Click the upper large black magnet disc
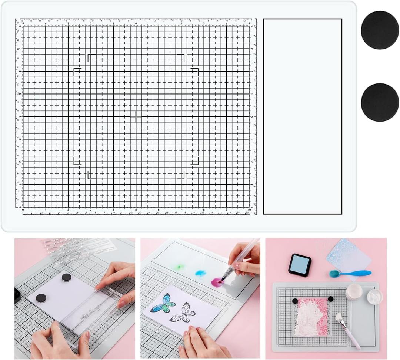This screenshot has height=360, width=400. (x=380, y=30)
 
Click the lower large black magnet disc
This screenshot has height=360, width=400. (x=380, y=102)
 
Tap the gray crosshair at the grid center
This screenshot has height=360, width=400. (x=136, y=116)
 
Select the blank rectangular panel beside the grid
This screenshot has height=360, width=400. (x=302, y=116)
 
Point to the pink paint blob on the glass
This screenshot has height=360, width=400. (x=216, y=283)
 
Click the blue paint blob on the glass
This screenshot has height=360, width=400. (x=200, y=274)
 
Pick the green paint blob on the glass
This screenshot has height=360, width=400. (x=180, y=267)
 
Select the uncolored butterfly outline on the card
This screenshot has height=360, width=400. (x=183, y=313)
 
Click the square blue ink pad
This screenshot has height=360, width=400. (x=300, y=264)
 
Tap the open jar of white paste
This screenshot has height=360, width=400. (x=375, y=297)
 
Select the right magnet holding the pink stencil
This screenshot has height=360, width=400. (x=330, y=299)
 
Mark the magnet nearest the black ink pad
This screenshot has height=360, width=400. (x=41, y=298)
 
